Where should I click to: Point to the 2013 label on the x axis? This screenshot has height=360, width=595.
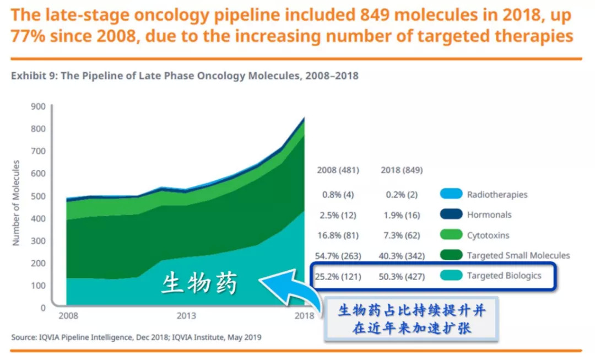coord(186,316)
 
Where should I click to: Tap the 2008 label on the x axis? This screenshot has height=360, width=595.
coord(68,316)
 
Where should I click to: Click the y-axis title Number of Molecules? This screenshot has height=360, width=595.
coord(16,202)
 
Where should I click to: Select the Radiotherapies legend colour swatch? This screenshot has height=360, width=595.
coord(451,194)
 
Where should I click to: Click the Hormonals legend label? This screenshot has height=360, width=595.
coord(489,214)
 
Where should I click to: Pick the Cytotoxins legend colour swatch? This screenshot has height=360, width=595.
coord(451,235)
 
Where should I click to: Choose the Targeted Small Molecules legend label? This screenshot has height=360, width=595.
coord(518,255)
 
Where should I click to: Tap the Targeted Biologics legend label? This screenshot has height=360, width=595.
coord(504,276)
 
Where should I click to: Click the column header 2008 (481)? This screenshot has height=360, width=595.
coord(338,170)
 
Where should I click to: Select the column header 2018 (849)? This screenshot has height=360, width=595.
coord(402,170)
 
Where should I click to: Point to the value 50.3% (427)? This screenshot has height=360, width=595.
coord(402,276)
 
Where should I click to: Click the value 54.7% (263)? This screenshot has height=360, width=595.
coord(338,256)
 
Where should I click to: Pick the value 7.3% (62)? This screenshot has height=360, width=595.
coord(402,235)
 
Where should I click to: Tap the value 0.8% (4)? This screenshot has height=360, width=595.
coord(338,195)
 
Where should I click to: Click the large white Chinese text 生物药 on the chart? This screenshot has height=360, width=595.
coord(199,284)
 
